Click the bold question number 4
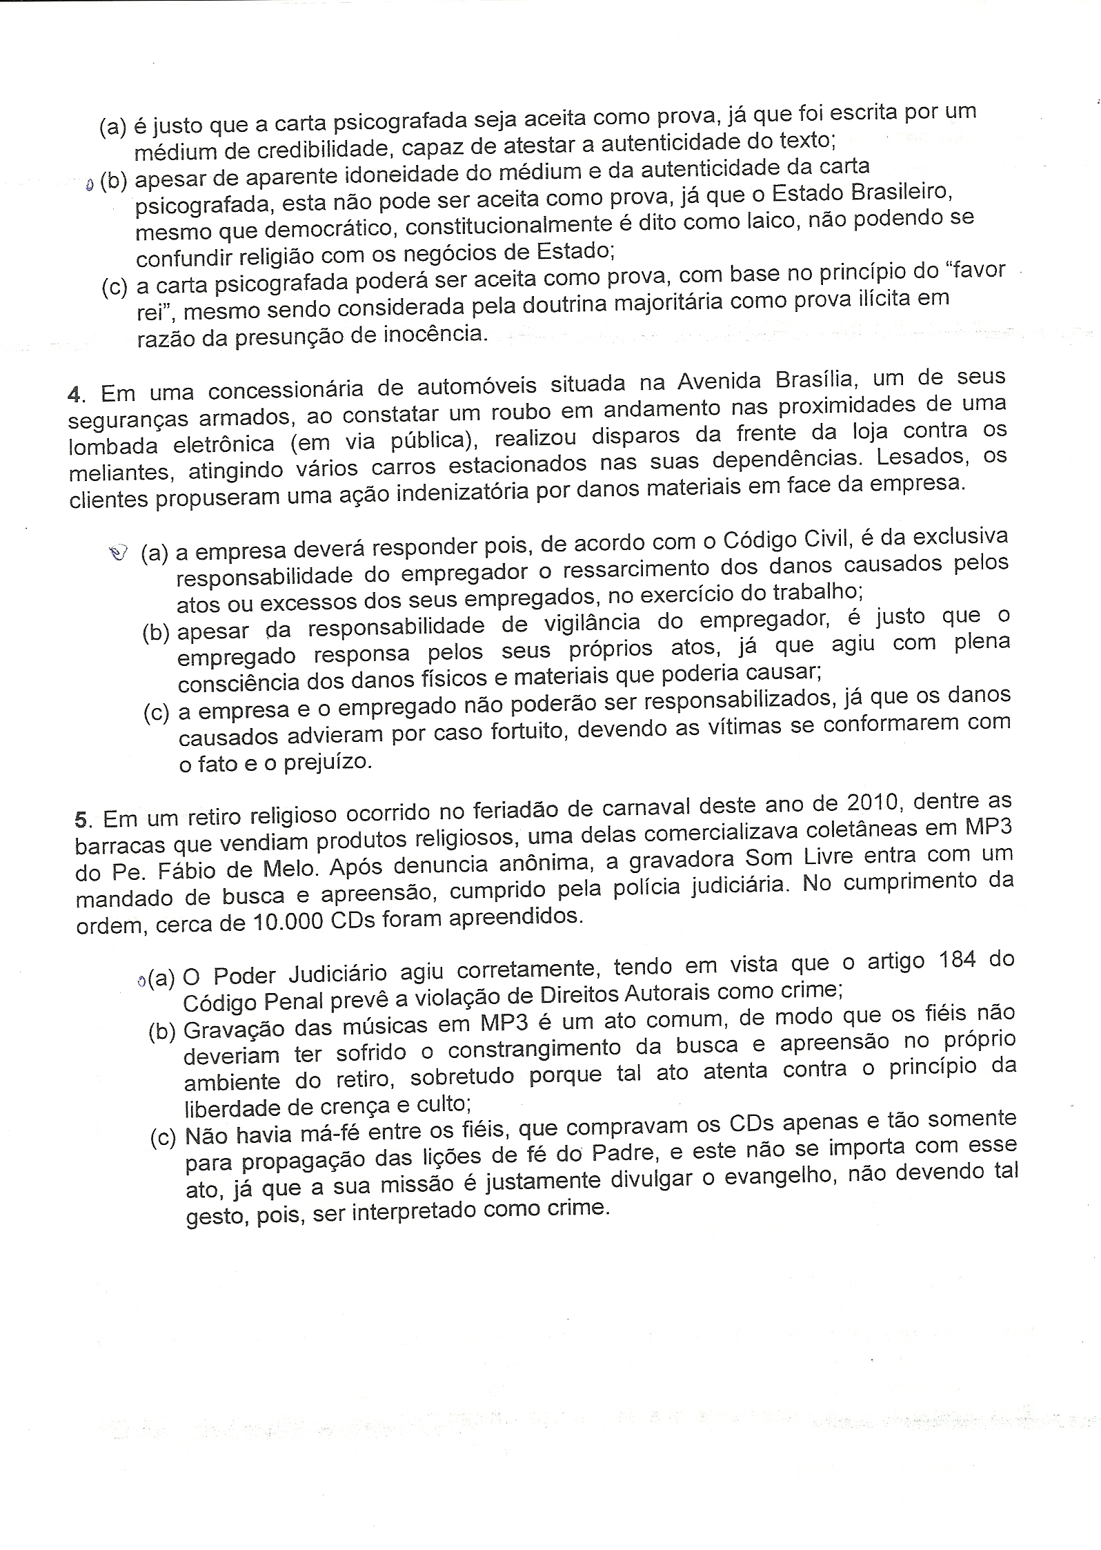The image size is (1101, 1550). coord(74,394)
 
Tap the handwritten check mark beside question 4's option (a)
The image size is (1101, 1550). coord(119,552)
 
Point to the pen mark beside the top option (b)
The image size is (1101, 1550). coord(89,184)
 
